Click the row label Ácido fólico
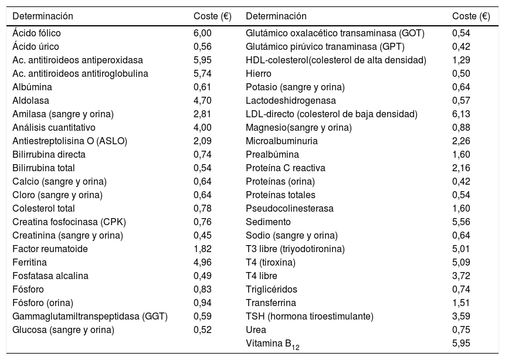(36, 33)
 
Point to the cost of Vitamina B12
(461, 344)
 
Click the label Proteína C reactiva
(286, 168)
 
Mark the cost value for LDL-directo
(461, 114)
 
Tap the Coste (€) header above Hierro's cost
(471, 16)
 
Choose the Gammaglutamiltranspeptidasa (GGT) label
(90, 317)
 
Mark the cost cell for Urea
(461, 330)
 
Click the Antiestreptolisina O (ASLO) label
(69, 141)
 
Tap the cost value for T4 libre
(461, 276)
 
